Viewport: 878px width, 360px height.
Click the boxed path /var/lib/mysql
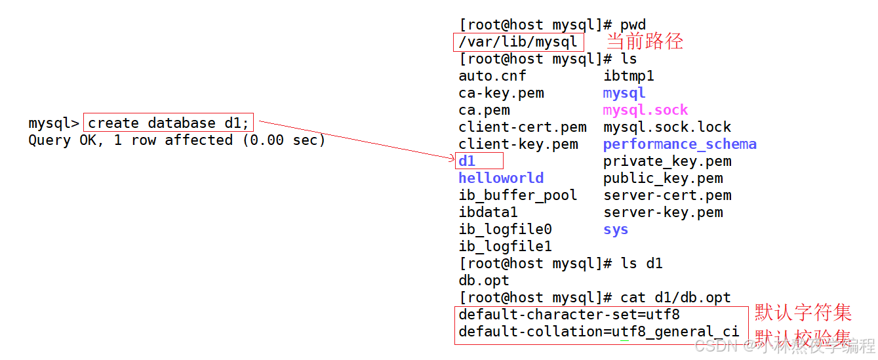tap(518, 43)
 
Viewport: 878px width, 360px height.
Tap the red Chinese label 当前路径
tap(644, 41)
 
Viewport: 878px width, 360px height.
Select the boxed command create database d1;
tap(169, 123)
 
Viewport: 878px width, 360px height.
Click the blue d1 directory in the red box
tap(467, 161)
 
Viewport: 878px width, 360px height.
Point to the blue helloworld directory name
tap(501, 178)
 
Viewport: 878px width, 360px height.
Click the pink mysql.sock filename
tap(645, 110)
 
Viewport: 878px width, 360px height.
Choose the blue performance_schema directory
tap(679, 144)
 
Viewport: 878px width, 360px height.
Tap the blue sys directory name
tap(616, 230)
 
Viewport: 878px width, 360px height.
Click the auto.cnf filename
tap(492, 76)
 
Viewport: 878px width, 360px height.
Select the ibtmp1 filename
tap(628, 76)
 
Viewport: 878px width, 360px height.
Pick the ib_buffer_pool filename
tap(518, 195)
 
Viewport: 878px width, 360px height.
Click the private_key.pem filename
tap(667, 161)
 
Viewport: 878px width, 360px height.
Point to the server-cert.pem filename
tap(667, 195)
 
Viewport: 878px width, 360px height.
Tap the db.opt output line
tap(484, 281)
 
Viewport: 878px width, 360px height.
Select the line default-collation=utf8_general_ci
tap(599, 332)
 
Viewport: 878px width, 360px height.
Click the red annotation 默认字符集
tap(803, 311)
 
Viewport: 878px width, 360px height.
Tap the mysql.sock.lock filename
tap(667, 127)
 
